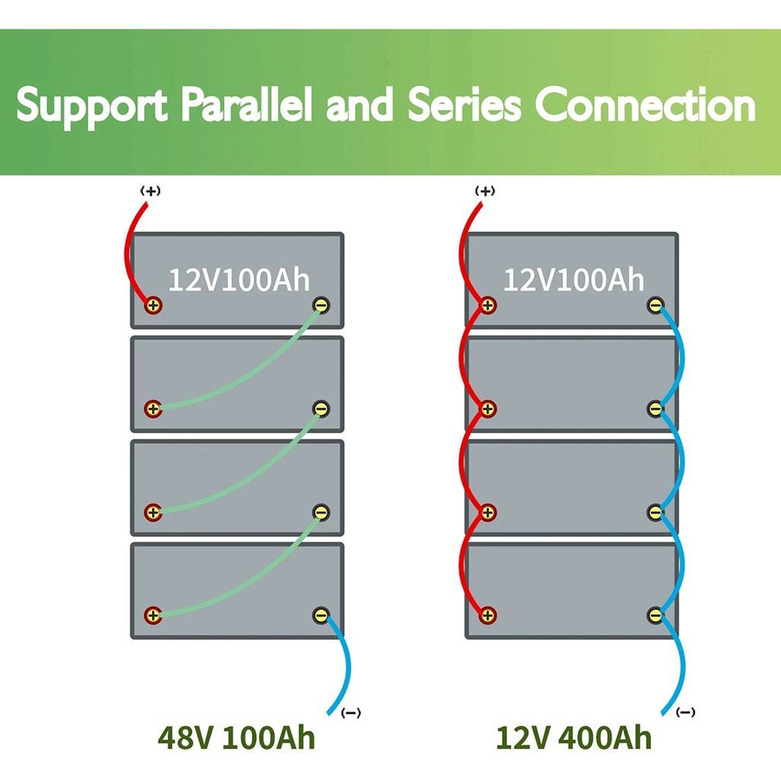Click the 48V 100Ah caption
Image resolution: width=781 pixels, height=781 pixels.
[236, 737]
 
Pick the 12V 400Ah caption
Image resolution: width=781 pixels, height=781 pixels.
[574, 737]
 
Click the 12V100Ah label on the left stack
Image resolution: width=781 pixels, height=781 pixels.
[239, 280]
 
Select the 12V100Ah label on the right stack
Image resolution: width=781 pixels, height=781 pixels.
[574, 280]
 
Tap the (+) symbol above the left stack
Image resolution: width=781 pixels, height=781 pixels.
[150, 191]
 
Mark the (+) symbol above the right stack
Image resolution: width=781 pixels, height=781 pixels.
[485, 191]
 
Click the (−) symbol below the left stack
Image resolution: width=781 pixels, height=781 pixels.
[352, 713]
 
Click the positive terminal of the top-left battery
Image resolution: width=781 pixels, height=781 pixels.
[153, 306]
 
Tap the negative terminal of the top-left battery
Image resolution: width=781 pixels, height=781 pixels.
[321, 306]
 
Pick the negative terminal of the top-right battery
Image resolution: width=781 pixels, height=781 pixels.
[655, 306]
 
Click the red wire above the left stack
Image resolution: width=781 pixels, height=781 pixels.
[127, 251]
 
